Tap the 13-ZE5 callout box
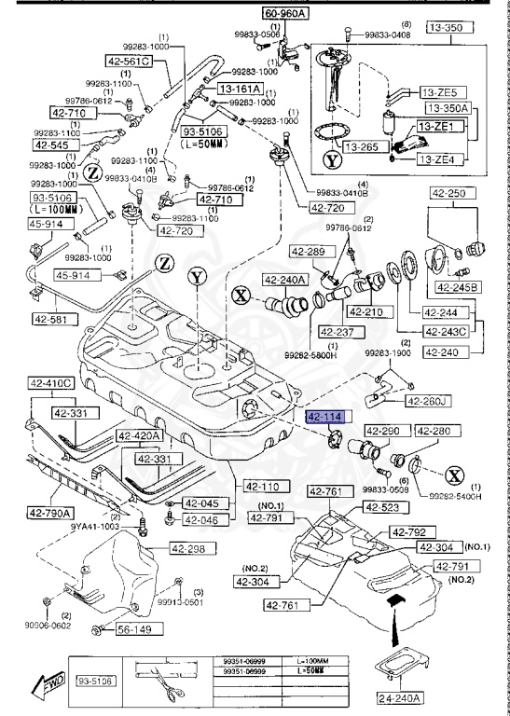coord(438,93)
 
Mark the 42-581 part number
coord(55,319)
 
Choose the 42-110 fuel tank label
coord(265,486)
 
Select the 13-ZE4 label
coord(438,159)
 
